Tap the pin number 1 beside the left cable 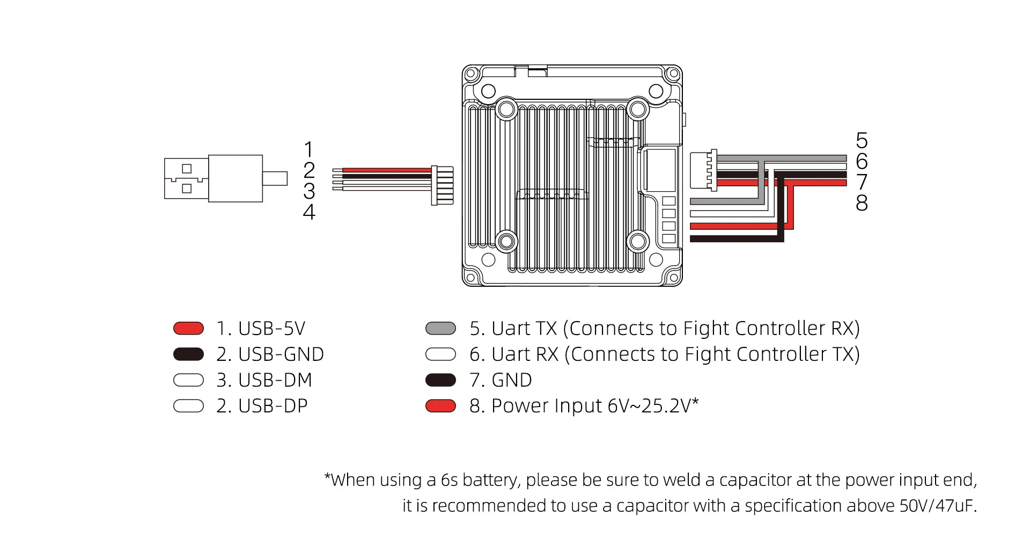(x=308, y=149)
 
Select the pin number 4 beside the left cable (x=309, y=212)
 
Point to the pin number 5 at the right (x=862, y=141)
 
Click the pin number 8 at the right (x=862, y=203)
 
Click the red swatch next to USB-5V (x=188, y=328)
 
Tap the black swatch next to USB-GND (x=188, y=354)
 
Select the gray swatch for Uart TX (x=440, y=328)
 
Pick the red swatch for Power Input (x=440, y=405)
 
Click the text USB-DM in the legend (x=275, y=380)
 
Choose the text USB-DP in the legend (x=273, y=406)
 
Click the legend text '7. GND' (x=501, y=380)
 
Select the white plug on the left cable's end (x=443, y=185)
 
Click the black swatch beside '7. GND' (x=440, y=380)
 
